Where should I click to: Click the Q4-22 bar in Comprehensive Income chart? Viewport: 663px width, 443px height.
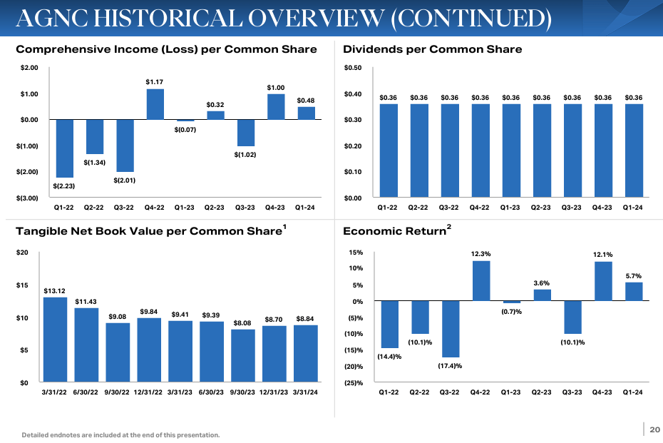coord(155,104)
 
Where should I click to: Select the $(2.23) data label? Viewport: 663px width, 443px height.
coord(63,186)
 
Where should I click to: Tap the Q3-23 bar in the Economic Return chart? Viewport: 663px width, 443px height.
coord(572,317)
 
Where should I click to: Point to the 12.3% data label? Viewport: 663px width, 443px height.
coord(480,254)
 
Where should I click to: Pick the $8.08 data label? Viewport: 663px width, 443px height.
coord(243,323)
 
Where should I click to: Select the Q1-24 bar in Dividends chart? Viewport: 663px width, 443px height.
coord(633,151)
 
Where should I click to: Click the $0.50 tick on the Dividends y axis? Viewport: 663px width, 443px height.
coord(352,68)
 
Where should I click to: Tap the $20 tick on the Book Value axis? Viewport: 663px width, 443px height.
coord(23,253)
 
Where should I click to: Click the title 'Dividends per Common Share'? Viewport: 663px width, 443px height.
coord(432,49)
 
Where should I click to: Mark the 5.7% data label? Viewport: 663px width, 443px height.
coord(634,276)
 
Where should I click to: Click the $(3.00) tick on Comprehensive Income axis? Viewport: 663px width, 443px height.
coord(28,198)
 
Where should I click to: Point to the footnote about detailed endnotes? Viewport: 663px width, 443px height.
coord(120,434)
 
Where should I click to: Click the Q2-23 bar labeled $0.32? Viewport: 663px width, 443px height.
coord(215,115)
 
